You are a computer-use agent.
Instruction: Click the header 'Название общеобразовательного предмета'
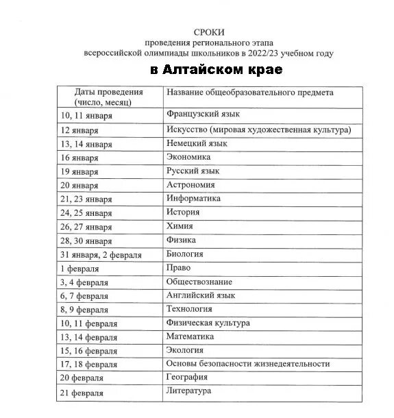250,92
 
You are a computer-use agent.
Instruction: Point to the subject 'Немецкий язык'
196,143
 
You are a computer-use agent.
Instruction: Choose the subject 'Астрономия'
190,185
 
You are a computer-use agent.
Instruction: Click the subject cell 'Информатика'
193,199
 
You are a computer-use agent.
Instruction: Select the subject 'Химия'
180,226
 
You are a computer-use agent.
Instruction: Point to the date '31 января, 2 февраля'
101,255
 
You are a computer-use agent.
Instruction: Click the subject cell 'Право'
178,268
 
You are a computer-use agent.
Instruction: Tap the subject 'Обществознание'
199,282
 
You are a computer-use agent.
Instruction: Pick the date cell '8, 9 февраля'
84,310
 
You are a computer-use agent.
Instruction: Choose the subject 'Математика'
190,336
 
